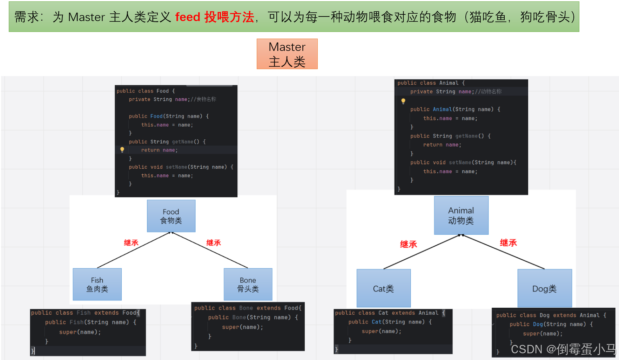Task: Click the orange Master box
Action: point(287,54)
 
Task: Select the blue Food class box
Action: point(171,216)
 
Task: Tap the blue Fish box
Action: point(97,284)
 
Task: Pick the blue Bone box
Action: point(248,284)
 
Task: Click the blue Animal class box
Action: point(461,215)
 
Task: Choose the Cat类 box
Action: point(383,288)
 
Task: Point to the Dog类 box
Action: point(544,288)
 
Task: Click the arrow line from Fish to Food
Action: point(133,250)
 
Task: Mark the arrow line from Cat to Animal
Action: point(422,252)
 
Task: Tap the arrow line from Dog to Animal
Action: point(503,252)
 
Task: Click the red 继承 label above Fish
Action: point(131,243)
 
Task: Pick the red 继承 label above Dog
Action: point(508,243)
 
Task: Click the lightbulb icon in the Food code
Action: point(122,150)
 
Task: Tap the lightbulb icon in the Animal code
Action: point(403,101)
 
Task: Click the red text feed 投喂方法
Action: point(214,17)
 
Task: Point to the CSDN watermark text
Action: point(563,349)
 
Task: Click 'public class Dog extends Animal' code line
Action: point(551,315)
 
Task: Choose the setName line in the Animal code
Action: point(463,162)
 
